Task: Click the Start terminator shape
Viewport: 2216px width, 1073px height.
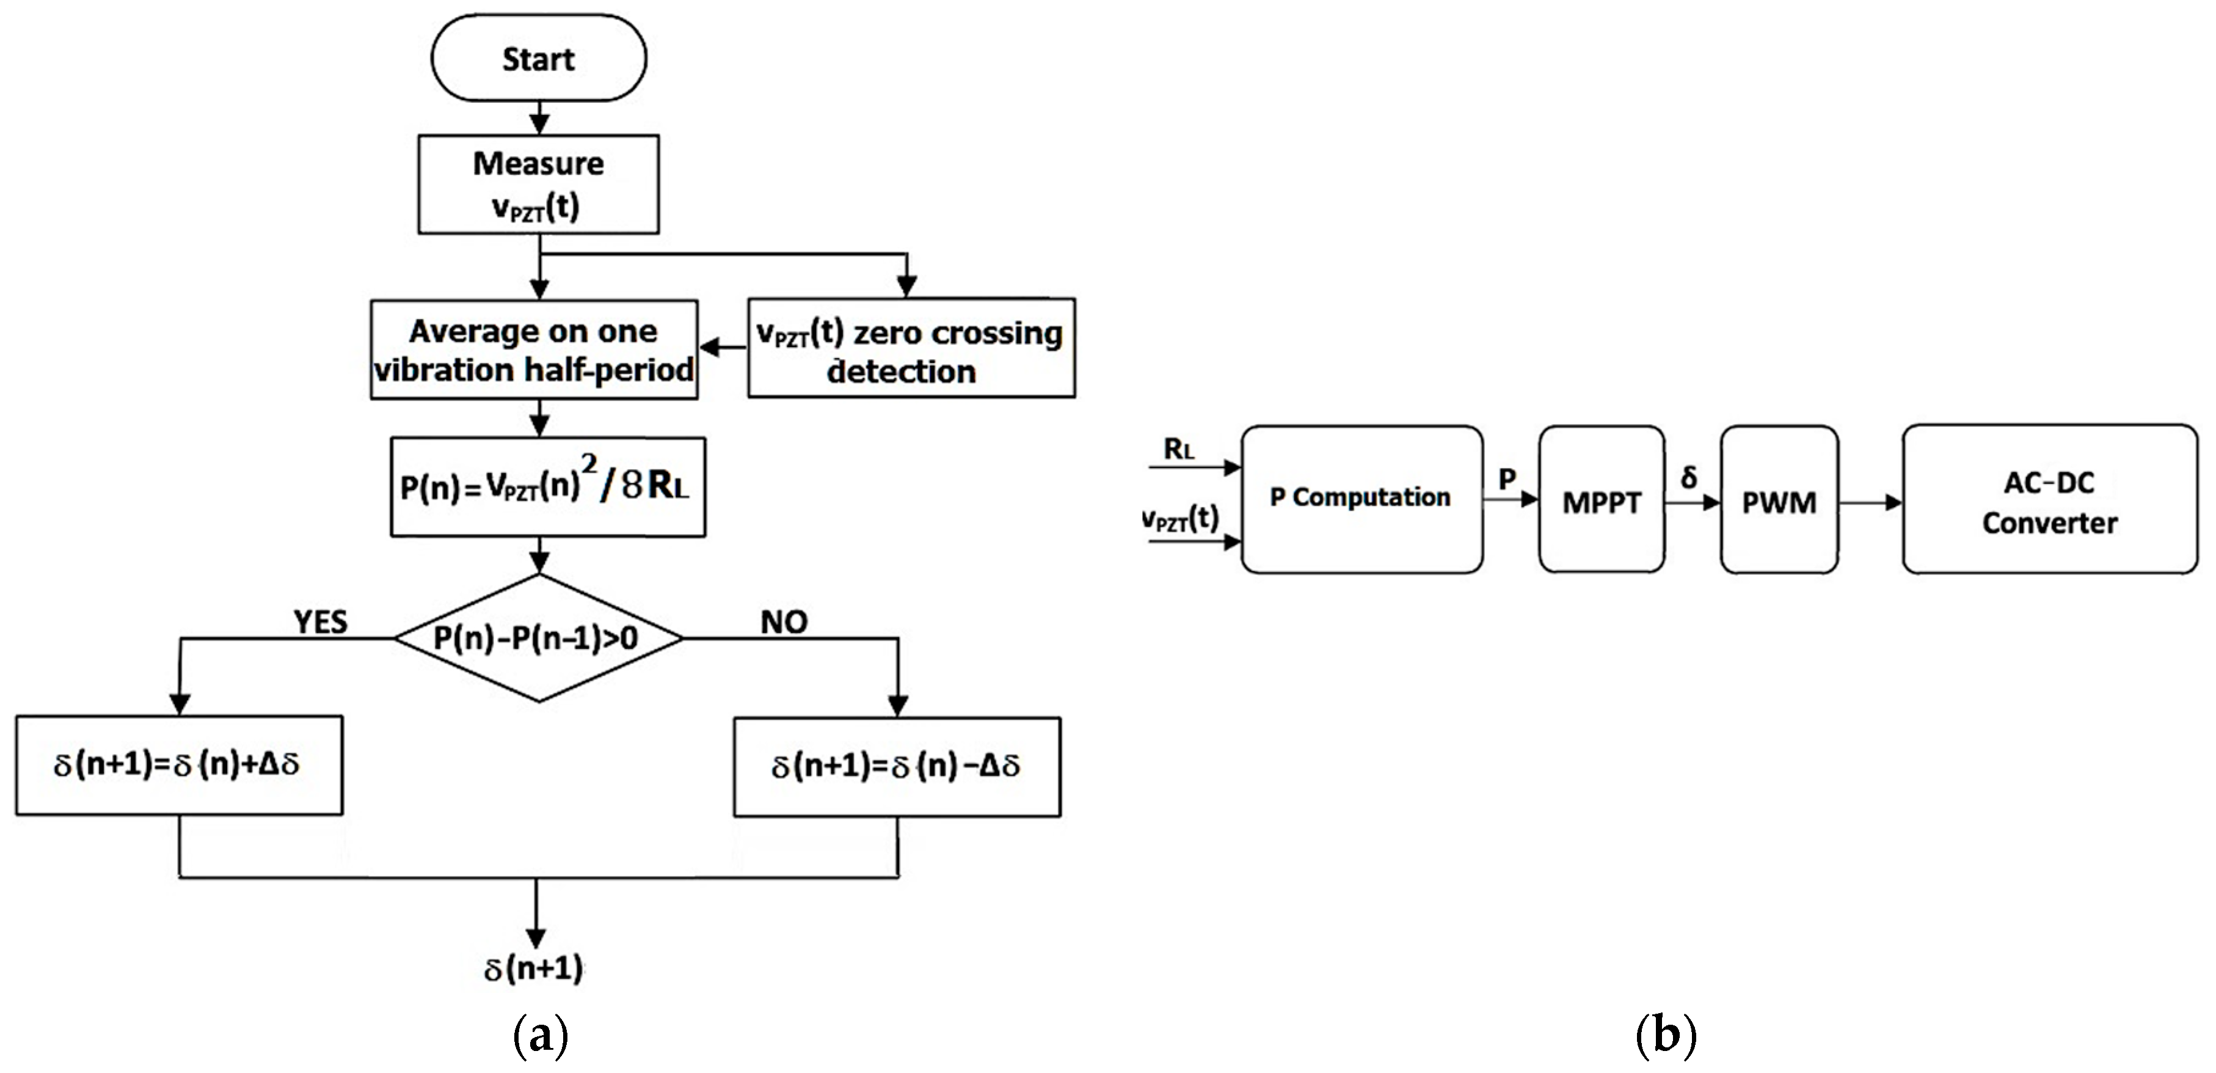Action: click(x=539, y=59)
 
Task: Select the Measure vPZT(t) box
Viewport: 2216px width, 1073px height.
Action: click(x=539, y=184)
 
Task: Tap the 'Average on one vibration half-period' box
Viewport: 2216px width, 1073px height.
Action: click(x=533, y=350)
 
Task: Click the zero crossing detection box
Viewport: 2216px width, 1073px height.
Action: click(x=910, y=348)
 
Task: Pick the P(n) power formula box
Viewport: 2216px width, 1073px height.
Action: click(x=547, y=487)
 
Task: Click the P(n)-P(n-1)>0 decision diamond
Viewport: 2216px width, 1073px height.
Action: click(x=539, y=637)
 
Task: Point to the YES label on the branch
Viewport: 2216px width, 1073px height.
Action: click(x=320, y=621)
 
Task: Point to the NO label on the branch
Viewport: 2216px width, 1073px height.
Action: click(x=784, y=621)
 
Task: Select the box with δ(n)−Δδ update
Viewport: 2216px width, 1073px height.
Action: click(x=897, y=766)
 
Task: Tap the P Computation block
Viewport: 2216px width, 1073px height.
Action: click(x=1361, y=498)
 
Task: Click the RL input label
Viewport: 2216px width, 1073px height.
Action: click(x=1178, y=449)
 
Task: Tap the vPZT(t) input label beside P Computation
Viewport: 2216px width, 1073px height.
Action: click(x=1180, y=518)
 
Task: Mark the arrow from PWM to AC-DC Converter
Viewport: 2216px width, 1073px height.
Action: click(x=1869, y=502)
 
